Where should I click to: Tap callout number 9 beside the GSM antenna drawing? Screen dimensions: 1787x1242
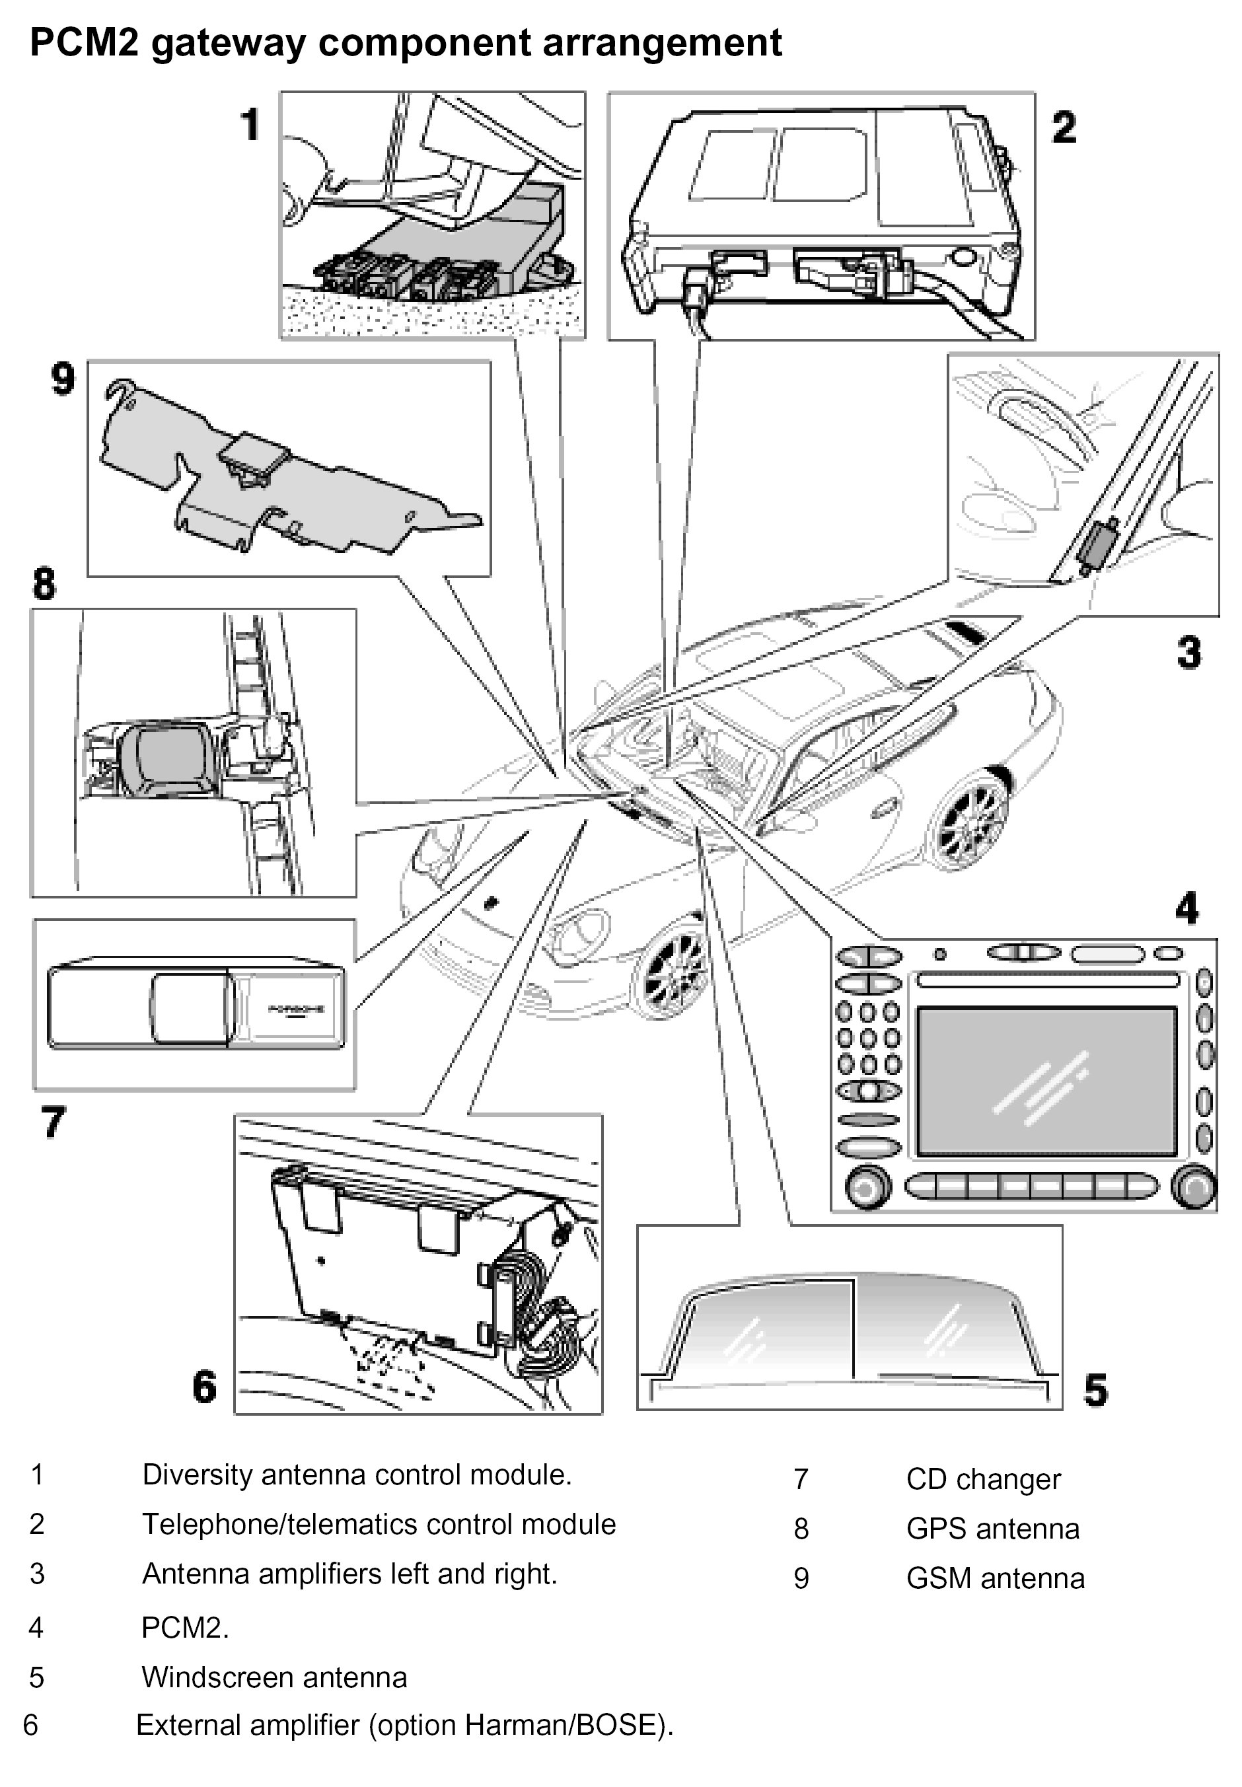coord(63,380)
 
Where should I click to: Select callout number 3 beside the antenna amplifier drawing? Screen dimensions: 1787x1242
coord(1188,652)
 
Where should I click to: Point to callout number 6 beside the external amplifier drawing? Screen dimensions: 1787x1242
coord(205,1387)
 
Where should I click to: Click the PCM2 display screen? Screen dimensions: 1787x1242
coord(1046,1082)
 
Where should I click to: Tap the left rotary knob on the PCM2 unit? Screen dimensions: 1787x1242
coord(866,1188)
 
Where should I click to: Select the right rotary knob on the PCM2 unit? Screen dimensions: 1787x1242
coord(1194,1188)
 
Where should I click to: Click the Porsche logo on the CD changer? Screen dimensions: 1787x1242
coord(297,1010)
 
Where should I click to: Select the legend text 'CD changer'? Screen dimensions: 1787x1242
coord(983,1479)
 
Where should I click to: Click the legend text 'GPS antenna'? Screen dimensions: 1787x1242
coord(992,1529)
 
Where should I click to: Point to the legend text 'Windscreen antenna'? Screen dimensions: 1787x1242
coord(274,1678)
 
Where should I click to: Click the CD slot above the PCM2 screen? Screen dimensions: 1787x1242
coord(1048,980)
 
